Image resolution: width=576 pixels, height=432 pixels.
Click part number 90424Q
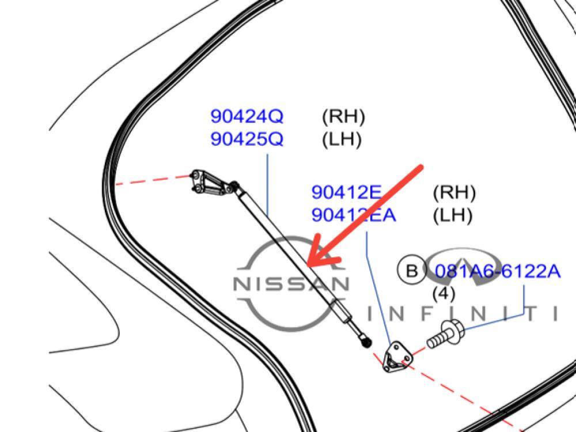pos(247,117)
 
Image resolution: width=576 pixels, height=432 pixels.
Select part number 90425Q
pos(247,139)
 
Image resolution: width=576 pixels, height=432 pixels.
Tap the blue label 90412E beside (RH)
pos(347,192)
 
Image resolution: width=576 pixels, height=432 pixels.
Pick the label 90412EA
pos(354,215)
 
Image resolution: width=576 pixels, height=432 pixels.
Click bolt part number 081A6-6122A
pos(498,270)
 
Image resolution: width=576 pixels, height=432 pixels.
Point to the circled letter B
pos(411,270)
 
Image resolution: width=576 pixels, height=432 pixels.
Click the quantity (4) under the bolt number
pos(444,294)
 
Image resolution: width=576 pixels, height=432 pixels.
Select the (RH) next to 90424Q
pos(343,117)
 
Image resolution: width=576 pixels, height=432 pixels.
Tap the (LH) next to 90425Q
pos(342,139)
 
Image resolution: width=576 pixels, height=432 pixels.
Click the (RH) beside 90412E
pos(454,192)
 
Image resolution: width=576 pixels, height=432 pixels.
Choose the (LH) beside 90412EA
pos(452,215)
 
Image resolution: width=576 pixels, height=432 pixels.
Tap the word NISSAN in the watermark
pos(290,284)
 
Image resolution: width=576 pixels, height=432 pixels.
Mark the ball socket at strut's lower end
pos(365,342)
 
